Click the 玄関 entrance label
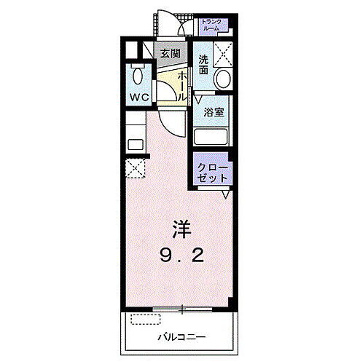tap(171, 53)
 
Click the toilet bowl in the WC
tap(136, 76)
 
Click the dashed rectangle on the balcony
tap(145, 317)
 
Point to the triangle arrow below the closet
tap(227, 194)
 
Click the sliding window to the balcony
tap(182, 309)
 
